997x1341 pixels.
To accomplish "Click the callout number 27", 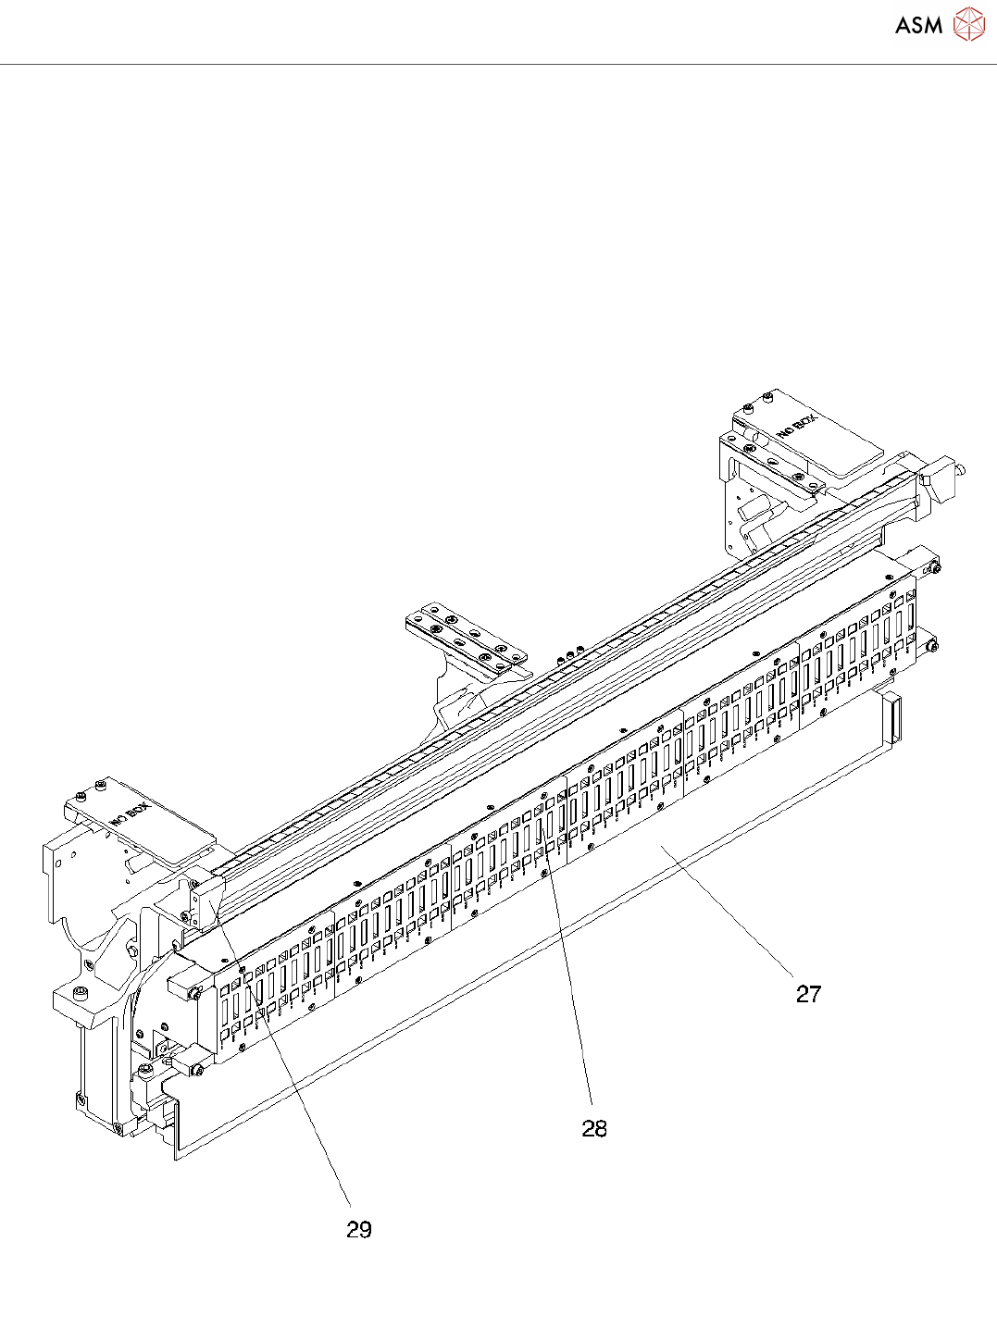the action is point(808,994).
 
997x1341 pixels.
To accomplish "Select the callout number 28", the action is point(594,1128).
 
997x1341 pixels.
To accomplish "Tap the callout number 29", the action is point(359,1229).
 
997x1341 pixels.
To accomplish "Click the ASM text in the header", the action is point(918,26).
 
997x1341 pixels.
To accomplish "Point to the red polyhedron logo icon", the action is point(968,24).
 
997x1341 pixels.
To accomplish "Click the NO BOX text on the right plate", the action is point(797,428).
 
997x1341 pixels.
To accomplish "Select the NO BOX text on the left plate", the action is point(129,813).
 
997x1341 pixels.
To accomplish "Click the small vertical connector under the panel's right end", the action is point(891,717).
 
